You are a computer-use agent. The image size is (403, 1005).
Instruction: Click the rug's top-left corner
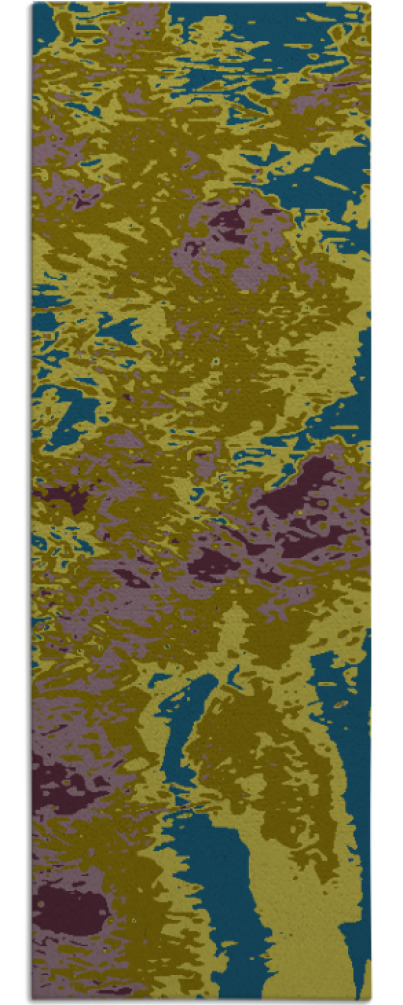point(33,4)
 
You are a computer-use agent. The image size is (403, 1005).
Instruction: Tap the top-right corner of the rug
point(369,4)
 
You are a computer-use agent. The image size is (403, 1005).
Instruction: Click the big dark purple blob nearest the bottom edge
point(72,910)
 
